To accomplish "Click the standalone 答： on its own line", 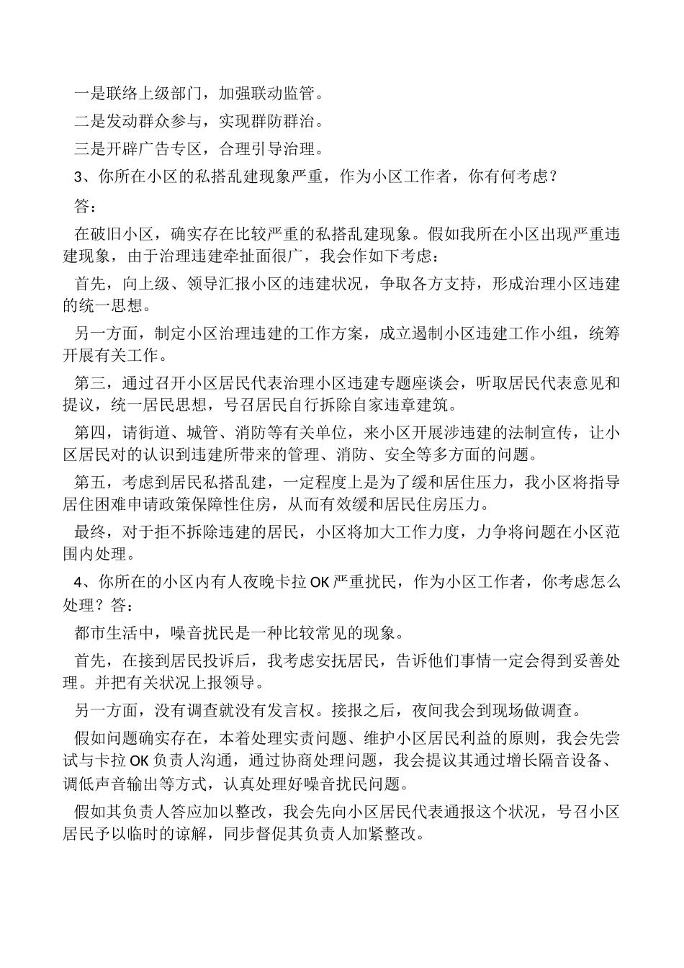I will [x=84, y=207].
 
